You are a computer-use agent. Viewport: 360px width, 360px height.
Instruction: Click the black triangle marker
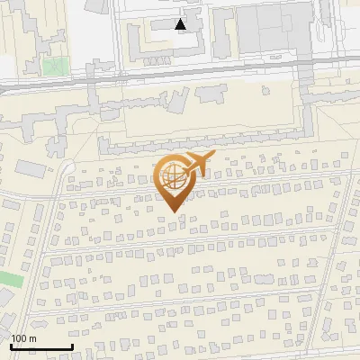click(181, 24)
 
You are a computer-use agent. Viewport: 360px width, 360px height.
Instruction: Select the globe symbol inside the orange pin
click(173, 179)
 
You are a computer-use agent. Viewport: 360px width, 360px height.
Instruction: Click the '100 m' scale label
click(23, 338)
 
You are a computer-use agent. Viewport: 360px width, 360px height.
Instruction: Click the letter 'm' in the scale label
click(32, 338)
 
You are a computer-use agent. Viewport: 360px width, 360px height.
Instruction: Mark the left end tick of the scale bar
click(11, 346)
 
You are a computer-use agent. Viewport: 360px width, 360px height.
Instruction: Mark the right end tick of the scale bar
click(71, 346)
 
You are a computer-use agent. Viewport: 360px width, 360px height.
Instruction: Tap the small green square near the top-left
click(55, 65)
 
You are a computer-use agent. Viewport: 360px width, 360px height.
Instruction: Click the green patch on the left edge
click(9, 278)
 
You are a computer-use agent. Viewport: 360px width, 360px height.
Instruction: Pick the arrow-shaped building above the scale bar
click(41, 322)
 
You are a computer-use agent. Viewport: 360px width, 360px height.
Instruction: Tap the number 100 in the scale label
click(18, 338)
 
